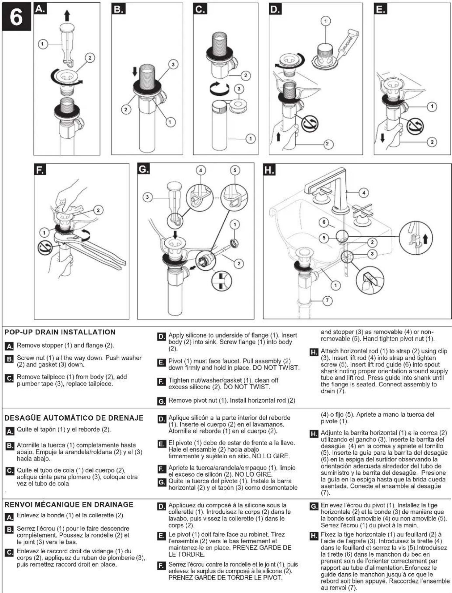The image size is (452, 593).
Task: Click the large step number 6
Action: (16, 16)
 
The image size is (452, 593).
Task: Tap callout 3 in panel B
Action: (173, 64)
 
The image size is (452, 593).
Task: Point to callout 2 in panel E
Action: (432, 142)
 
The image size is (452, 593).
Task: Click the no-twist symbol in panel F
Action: (45, 248)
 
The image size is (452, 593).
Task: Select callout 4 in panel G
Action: (201, 170)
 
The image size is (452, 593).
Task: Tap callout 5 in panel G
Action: (235, 170)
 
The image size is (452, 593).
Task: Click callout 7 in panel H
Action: (327, 300)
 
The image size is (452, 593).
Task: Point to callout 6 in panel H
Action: (324, 222)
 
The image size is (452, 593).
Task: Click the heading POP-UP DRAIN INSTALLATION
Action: (60, 332)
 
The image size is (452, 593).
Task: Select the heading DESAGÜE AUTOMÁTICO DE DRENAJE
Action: (74, 418)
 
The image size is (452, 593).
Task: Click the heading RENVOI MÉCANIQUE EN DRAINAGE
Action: (69, 504)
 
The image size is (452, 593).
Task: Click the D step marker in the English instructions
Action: (161, 337)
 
